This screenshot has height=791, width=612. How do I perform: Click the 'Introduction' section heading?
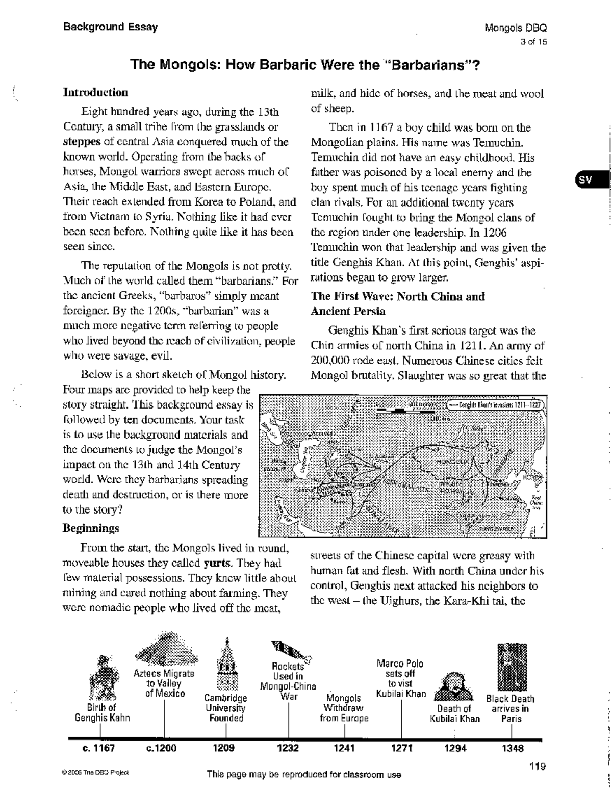point(95,93)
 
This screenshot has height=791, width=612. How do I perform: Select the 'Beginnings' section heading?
point(91,528)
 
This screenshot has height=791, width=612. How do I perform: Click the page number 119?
point(538,766)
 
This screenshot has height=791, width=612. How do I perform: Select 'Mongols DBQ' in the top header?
point(516,28)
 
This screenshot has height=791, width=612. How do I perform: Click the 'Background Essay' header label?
point(110,27)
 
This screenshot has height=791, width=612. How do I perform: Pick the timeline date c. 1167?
point(98,748)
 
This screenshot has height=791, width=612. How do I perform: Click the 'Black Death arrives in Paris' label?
point(511,708)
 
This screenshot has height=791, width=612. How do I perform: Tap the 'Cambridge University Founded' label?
point(226,708)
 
